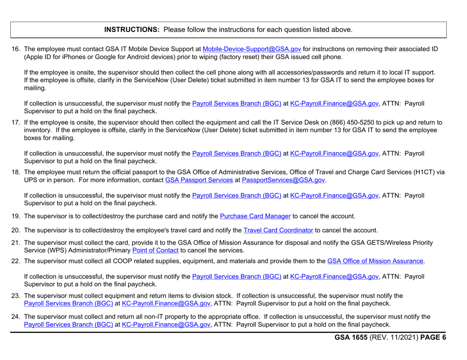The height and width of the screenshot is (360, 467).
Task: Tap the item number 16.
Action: click(15, 50)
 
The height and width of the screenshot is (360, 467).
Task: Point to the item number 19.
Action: click(15, 214)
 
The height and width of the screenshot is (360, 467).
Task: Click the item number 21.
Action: click(15, 244)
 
